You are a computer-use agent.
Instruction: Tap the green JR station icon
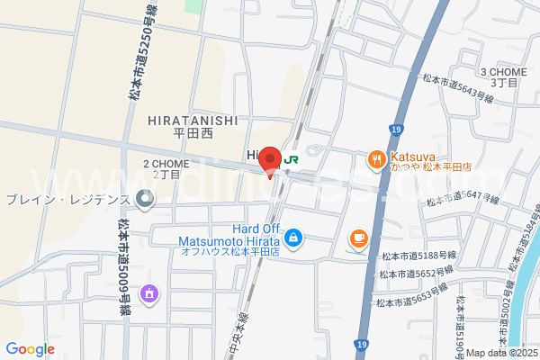coord(292,159)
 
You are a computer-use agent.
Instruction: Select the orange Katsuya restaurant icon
coord(376,160)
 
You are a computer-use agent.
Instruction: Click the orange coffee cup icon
coord(359,238)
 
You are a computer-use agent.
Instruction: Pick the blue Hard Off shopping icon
coord(293,238)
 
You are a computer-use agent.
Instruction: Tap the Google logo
coord(30,349)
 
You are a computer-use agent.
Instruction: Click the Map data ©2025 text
coord(500,353)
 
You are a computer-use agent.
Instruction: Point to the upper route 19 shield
coord(396,130)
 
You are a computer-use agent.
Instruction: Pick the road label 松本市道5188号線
coord(419,256)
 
